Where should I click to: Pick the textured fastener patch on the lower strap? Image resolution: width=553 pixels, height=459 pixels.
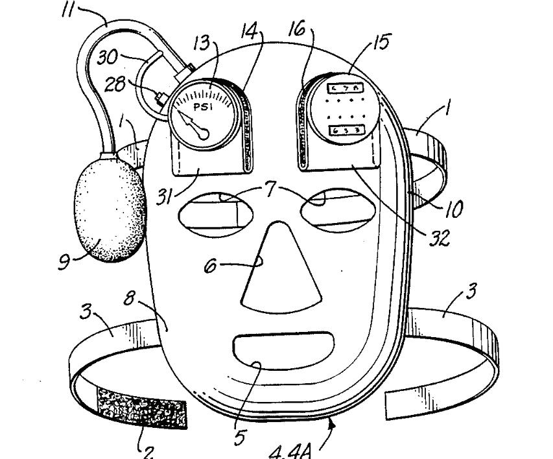(141, 408)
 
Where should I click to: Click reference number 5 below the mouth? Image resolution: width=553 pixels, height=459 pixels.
(240, 438)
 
